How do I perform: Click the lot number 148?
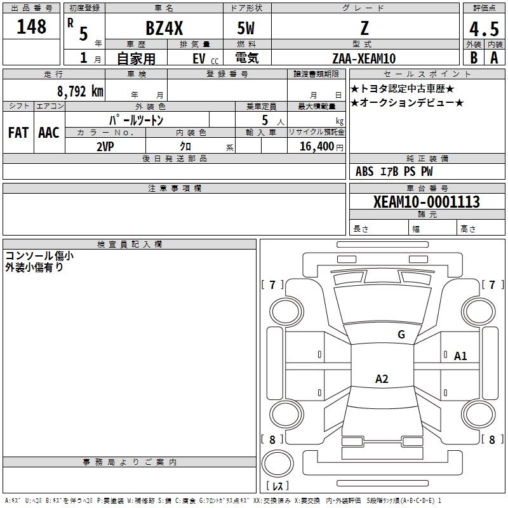32,27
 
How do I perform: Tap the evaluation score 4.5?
483,30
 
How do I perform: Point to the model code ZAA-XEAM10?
364,58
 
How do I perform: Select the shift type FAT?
18,133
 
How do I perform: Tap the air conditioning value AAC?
49,133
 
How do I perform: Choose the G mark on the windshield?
401,334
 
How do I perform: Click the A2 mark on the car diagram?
382,379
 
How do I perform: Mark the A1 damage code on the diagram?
460,356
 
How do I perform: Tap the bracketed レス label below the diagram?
277,486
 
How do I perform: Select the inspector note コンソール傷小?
39,256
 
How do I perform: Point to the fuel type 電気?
246,58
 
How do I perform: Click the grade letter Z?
364,29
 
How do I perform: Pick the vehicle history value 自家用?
137,58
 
